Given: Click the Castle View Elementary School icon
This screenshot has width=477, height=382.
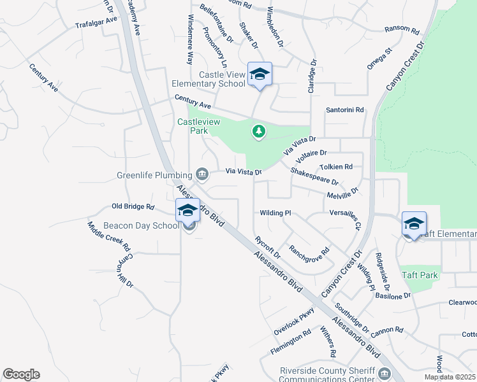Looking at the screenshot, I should [260, 74].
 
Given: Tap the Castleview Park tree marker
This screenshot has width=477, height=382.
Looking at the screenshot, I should [258, 131].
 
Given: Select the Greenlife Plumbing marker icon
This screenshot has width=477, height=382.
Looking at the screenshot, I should [202, 173].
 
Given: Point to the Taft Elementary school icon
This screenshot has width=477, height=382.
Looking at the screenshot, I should [414, 224].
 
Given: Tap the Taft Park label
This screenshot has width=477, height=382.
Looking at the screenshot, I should [420, 275].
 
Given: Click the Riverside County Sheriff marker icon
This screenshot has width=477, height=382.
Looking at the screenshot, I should [383, 372].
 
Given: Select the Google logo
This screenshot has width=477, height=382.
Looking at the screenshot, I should [21, 374].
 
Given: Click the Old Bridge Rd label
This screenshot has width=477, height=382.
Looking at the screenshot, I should [133, 206].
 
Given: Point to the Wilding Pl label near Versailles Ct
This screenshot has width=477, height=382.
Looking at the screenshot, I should [275, 213].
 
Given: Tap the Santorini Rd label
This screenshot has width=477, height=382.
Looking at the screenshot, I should [344, 110].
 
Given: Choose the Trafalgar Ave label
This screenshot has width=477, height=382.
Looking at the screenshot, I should [96, 22].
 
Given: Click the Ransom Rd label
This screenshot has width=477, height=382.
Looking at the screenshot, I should [402, 30].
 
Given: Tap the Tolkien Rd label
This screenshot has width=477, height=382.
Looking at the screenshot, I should [336, 167].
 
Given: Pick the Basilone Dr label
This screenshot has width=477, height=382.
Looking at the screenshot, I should [393, 296].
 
